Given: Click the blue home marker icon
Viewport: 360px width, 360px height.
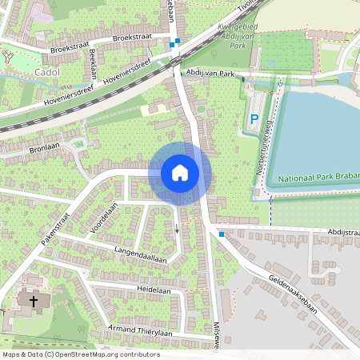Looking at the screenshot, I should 180,173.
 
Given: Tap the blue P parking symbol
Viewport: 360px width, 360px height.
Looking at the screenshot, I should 254,120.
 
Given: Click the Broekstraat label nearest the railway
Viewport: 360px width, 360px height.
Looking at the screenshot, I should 132,38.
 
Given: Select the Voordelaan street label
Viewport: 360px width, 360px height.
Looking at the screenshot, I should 104,216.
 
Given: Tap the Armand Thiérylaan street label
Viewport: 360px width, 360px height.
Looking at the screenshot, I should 141,332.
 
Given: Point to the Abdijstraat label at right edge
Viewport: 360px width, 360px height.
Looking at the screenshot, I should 342,231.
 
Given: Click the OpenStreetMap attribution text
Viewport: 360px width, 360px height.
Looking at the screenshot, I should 80,354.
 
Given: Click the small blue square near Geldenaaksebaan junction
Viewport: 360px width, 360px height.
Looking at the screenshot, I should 222,234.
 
